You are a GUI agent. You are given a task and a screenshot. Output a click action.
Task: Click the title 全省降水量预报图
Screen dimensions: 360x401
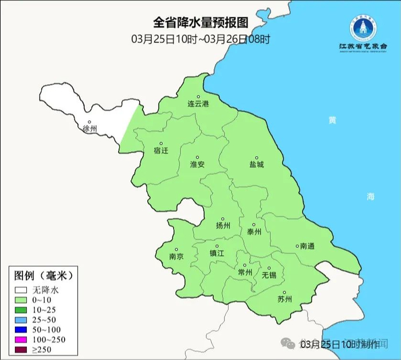[x=200, y=22]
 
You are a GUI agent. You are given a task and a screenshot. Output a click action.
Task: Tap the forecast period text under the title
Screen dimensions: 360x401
[x=200, y=39]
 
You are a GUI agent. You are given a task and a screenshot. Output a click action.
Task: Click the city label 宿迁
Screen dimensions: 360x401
[x=162, y=151]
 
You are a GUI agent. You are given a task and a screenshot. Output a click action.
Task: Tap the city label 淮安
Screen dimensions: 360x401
[x=197, y=164]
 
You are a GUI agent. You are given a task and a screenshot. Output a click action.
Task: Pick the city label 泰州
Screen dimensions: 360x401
[x=254, y=231]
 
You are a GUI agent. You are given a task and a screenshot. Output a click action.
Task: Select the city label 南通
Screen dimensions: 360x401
[x=307, y=247]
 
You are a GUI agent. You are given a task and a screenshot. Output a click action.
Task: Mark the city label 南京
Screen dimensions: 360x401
[x=176, y=257]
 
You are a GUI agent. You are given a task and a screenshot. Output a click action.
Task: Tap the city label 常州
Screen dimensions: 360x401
[x=245, y=272]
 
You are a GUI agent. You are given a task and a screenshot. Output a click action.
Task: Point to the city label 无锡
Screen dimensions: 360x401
[x=269, y=275]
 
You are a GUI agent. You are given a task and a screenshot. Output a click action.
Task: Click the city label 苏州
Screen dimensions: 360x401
[x=285, y=299]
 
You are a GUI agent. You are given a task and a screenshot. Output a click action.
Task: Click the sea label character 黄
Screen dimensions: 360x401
[x=332, y=120]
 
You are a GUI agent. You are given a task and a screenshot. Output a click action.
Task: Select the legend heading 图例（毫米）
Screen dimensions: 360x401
[x=41, y=276]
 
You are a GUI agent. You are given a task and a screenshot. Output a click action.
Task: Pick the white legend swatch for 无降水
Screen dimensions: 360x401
[x=21, y=290]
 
